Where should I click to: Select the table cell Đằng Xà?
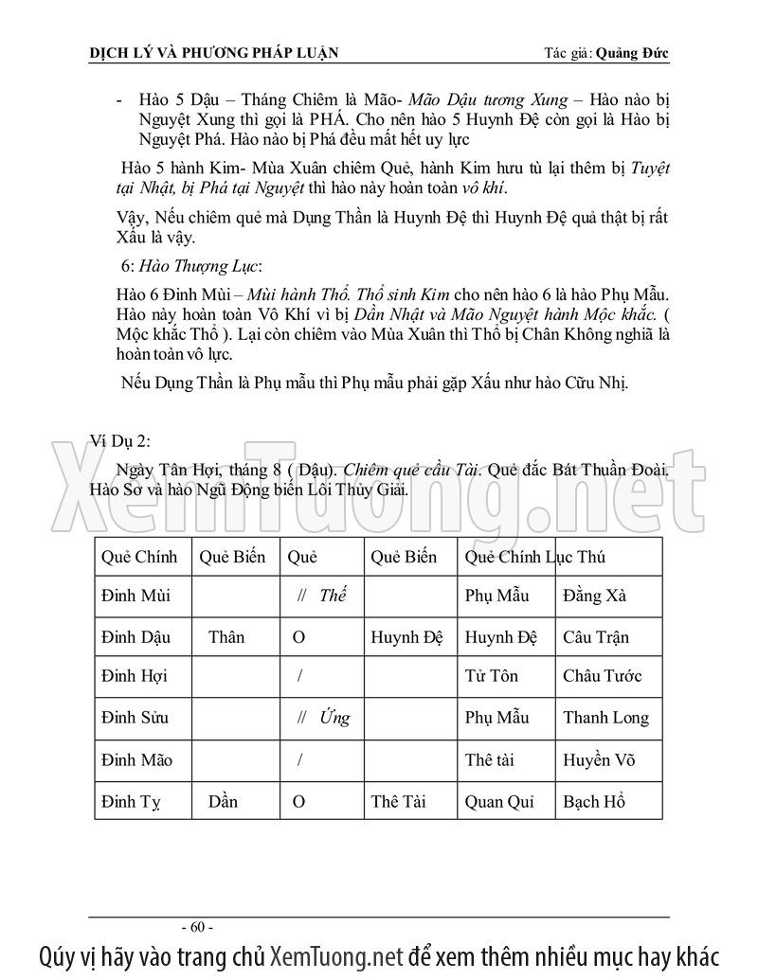[x=594, y=597]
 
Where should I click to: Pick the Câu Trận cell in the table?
[x=595, y=637]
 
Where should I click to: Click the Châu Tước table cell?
[x=602, y=677]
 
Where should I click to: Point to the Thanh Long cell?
[x=605, y=718]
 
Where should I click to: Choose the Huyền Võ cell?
[x=600, y=759]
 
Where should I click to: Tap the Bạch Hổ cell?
[x=594, y=802]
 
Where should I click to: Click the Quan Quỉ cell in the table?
[x=500, y=802]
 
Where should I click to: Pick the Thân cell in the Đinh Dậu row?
[x=226, y=637]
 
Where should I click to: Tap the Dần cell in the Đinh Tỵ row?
[x=223, y=802]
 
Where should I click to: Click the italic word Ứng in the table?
[x=334, y=718]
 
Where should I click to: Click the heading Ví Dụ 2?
[x=119, y=440]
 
